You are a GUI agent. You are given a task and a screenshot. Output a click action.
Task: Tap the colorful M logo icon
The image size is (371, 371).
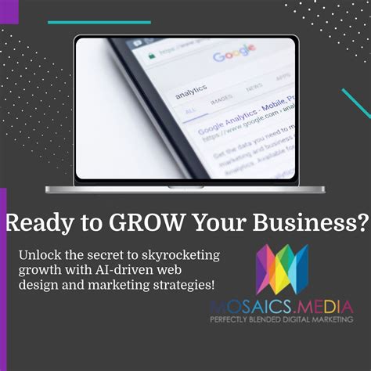click(283, 269)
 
